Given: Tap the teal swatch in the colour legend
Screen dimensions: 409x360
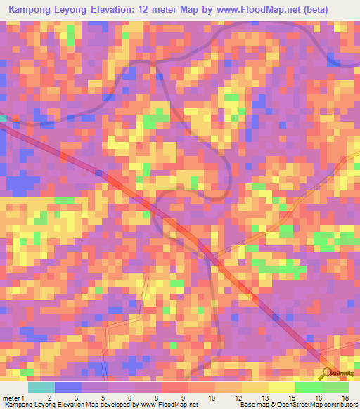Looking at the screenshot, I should pos(41,387).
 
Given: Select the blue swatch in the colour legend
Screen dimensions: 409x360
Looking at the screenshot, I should pos(68,387).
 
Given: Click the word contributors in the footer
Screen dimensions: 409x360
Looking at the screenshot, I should pos(335,404).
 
